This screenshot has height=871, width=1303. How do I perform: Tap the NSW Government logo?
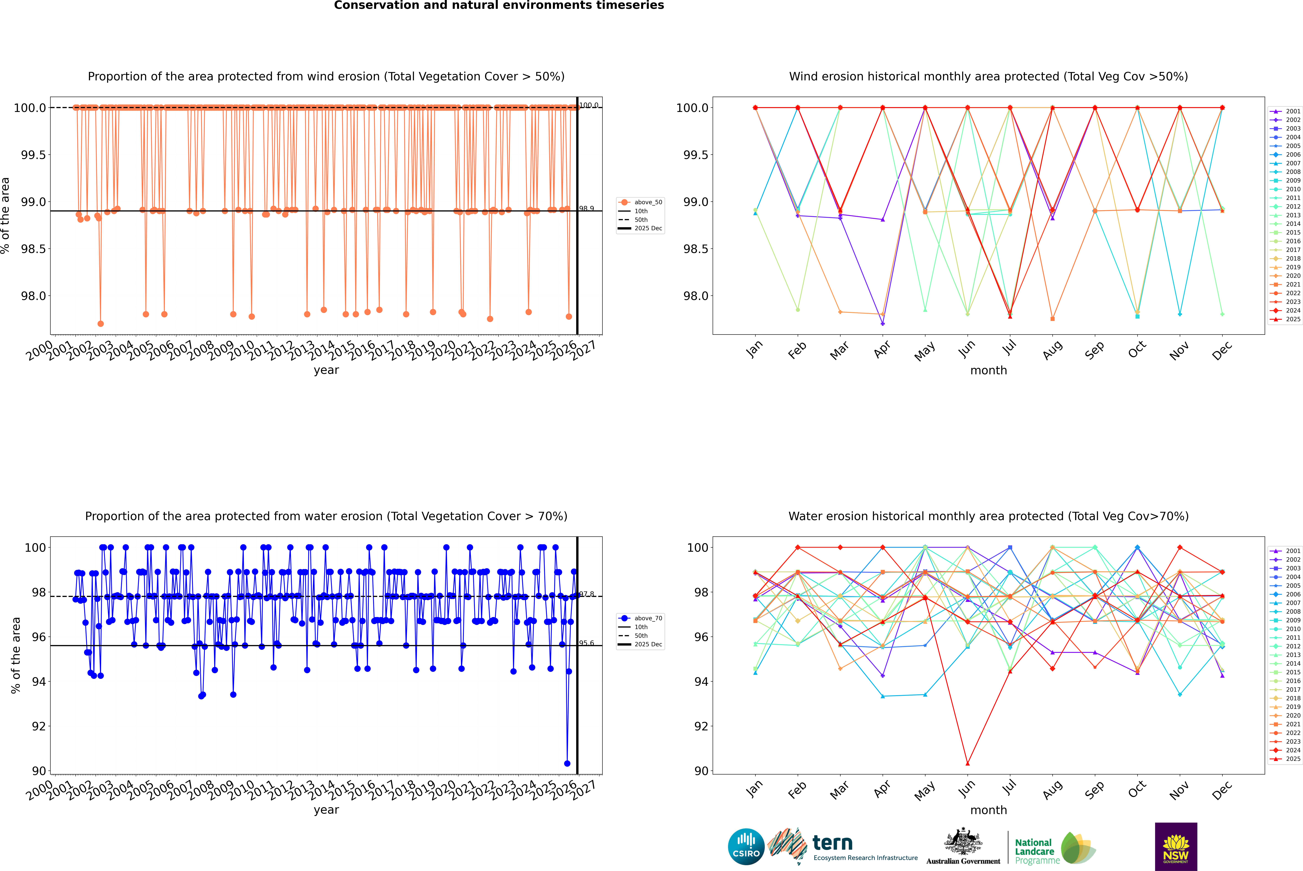(1176, 847)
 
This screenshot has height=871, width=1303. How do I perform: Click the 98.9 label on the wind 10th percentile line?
(587, 209)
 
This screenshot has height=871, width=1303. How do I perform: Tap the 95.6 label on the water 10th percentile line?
(587, 643)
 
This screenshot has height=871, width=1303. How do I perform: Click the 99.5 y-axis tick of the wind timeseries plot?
(33, 155)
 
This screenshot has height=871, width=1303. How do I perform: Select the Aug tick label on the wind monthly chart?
(1053, 350)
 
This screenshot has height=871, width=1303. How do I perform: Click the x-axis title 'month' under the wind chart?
(988, 371)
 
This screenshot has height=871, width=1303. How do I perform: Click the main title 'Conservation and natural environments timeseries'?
(499, 6)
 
